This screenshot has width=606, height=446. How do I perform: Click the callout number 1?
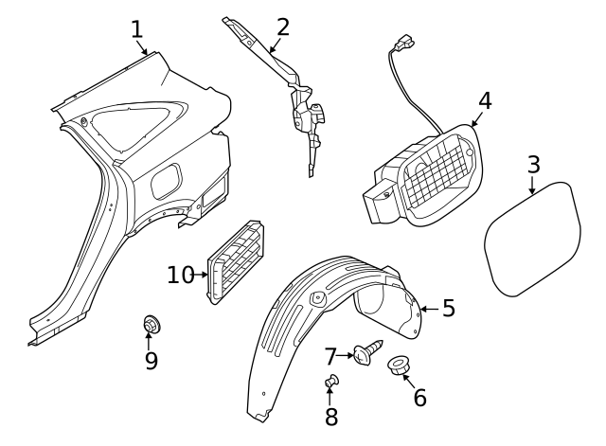(137, 29)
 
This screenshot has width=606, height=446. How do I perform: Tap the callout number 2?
(283, 27)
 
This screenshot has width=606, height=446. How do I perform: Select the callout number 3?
(533, 165)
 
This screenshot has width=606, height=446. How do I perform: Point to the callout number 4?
(485, 100)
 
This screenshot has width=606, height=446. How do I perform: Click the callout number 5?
(449, 308)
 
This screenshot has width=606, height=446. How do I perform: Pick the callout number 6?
(420, 397)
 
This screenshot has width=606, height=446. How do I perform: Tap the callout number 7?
(330, 356)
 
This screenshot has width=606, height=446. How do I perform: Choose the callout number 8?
(331, 417)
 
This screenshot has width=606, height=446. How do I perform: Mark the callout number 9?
(151, 361)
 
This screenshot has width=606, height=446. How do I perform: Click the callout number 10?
(181, 275)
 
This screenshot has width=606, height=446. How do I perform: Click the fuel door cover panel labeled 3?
(532, 239)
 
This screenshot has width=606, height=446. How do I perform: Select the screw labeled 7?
(368, 351)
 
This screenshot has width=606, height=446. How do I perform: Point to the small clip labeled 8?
(332, 381)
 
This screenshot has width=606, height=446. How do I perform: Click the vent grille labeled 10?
(236, 261)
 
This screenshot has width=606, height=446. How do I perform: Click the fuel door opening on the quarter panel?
(167, 181)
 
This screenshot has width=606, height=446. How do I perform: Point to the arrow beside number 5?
(430, 309)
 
